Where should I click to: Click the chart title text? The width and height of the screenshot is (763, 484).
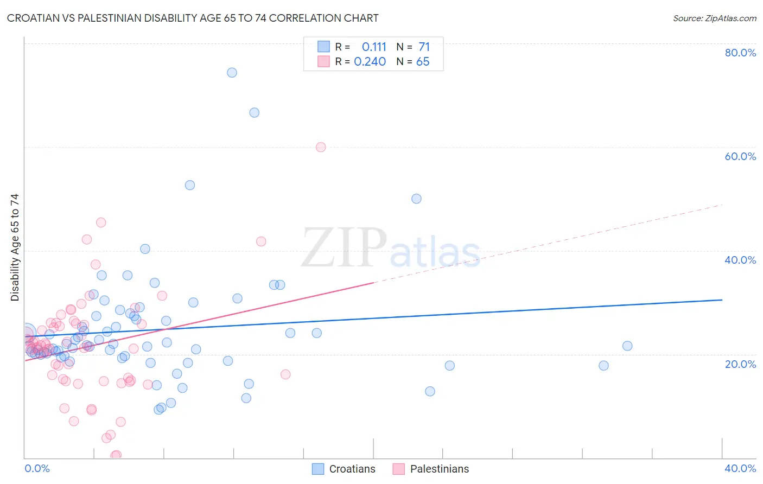(193, 18)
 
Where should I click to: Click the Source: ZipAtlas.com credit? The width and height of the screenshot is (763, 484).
(714, 18)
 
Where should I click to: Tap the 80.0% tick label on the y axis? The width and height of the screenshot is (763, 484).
(740, 53)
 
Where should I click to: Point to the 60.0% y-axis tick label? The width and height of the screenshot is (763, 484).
(740, 156)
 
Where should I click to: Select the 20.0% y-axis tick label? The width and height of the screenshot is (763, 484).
(740, 364)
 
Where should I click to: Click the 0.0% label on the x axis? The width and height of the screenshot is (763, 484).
(37, 468)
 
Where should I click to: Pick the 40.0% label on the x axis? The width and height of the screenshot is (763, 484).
(740, 468)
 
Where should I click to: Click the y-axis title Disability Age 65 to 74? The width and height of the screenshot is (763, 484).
(15, 247)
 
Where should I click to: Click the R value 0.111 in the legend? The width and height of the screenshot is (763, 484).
(374, 47)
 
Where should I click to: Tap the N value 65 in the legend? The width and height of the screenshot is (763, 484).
(423, 62)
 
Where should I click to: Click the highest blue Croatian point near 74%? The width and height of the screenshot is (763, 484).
(232, 73)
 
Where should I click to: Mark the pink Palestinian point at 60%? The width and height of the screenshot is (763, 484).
(321, 147)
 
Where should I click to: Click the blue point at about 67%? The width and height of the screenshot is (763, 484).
(254, 113)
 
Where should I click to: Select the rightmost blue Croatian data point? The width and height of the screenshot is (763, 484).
(627, 346)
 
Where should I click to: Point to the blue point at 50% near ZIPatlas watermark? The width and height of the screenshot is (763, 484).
(416, 199)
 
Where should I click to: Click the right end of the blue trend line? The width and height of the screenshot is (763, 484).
(722, 300)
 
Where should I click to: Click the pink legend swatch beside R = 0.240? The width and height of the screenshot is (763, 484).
(323, 61)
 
